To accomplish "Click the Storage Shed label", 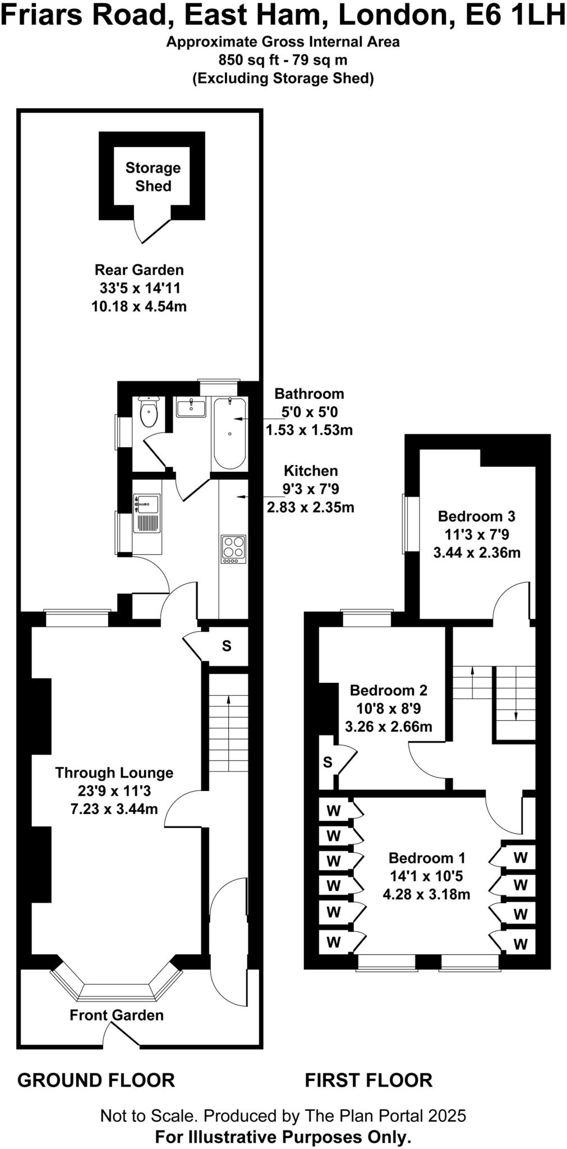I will [153, 177].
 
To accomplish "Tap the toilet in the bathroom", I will [149, 413].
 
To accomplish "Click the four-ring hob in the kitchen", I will [234, 549].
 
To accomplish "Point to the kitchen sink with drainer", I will [146, 513].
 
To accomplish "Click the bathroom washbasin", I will [191, 406].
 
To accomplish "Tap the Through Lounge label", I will [114, 773].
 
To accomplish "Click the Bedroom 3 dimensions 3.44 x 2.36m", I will [477, 553].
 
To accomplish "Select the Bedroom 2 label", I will [388, 690].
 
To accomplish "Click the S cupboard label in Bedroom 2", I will [328, 762].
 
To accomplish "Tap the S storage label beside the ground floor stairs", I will [227, 646].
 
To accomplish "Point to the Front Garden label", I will [117, 1015].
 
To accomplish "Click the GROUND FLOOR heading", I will [96, 1080].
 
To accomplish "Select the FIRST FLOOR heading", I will [368, 1080].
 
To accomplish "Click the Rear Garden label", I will [139, 270].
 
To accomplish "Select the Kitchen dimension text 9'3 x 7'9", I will [311, 489].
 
